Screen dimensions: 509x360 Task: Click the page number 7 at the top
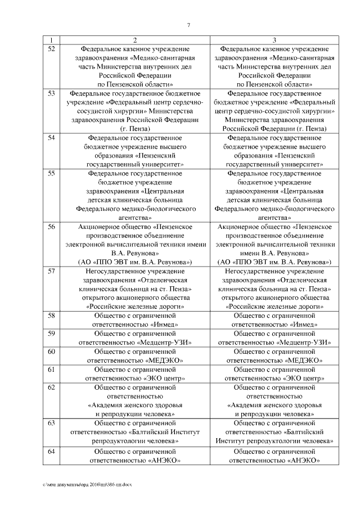pos(188,24)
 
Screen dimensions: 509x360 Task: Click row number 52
pos(51,49)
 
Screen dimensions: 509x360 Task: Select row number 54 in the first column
pos(51,138)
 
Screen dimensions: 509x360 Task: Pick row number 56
pos(51,227)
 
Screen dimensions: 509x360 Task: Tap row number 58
pos(51,316)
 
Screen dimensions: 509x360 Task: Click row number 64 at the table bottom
pos(51,452)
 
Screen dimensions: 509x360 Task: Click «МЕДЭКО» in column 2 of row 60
pos(163,360)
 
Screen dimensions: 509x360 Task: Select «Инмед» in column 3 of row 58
pos(301,325)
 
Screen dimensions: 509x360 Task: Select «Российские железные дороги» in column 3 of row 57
pos(274,307)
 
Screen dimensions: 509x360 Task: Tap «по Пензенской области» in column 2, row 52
pos(135,84)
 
